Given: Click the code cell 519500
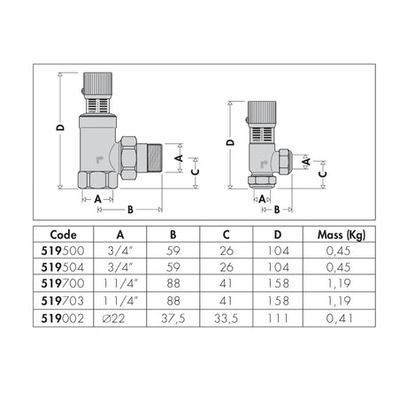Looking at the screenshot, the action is (x=63, y=250).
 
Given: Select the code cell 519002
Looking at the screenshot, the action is (x=63, y=319).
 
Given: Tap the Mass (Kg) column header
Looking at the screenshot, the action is (x=342, y=235).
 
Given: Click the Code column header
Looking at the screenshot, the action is (x=63, y=234).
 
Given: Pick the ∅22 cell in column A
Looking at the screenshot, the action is (x=113, y=319).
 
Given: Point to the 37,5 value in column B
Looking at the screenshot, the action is (x=173, y=319).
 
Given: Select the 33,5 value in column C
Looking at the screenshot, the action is (x=227, y=319).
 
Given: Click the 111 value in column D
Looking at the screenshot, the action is (x=278, y=319).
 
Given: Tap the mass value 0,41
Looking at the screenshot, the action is (x=339, y=319).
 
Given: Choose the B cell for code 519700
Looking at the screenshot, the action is (x=173, y=283).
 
